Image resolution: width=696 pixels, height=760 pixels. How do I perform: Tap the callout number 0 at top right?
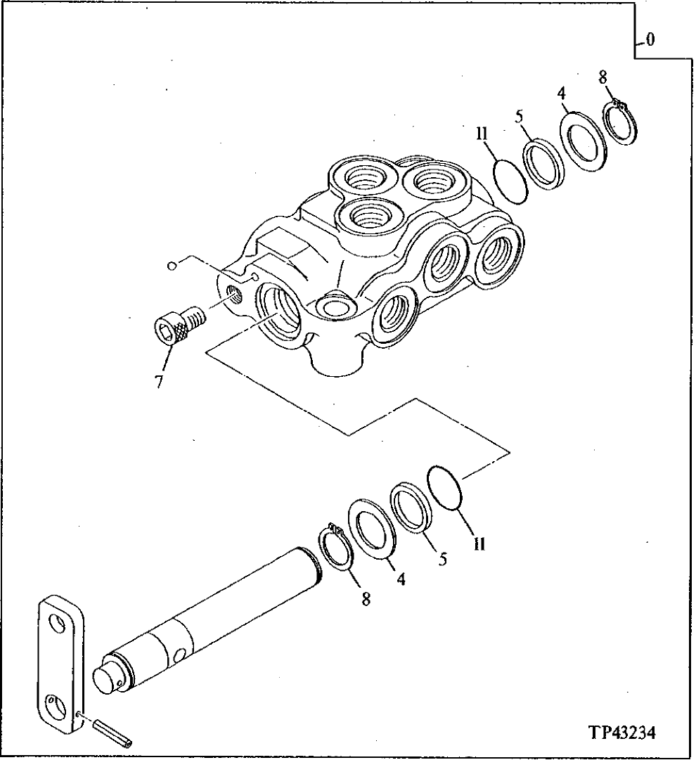click(x=650, y=39)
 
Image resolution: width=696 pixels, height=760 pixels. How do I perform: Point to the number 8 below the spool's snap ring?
click(x=366, y=599)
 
